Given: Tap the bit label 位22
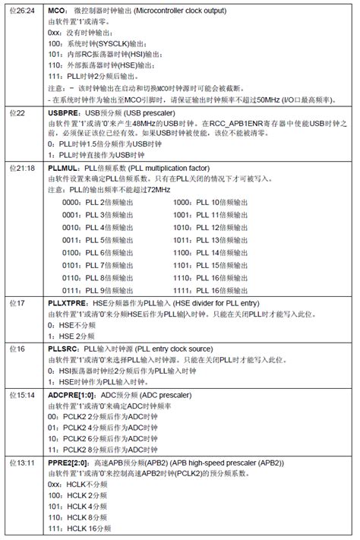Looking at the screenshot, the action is [x=17, y=113].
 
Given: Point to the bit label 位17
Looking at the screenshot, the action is [x=17, y=302].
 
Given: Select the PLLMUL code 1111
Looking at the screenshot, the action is [x=184, y=290].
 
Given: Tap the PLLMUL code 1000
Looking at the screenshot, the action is [x=184, y=203].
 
